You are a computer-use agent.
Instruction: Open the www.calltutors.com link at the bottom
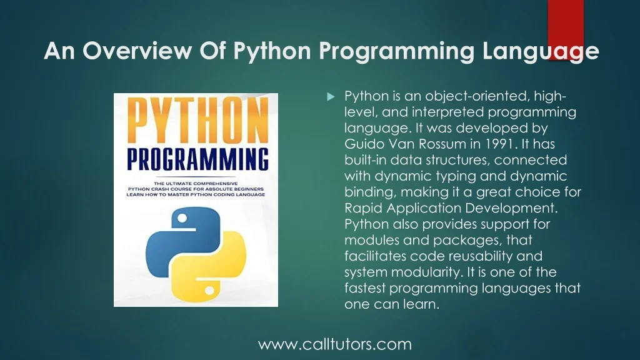(x=335, y=344)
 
